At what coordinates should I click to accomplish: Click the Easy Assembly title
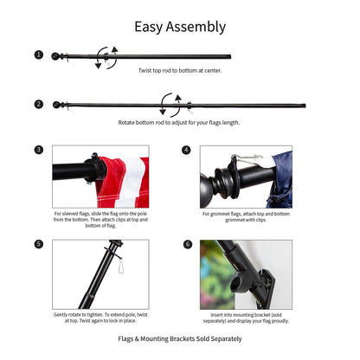(180, 27)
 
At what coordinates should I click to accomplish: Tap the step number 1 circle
(39, 55)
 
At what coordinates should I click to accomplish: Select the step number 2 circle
(39, 104)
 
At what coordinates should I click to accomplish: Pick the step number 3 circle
(39, 150)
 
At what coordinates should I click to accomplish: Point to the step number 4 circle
(186, 150)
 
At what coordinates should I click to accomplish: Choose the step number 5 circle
(39, 244)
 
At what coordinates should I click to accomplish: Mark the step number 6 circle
(186, 244)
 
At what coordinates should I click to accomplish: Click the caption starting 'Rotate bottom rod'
(180, 123)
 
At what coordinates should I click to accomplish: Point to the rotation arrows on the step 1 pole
(106, 57)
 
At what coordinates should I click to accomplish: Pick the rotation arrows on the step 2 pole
(170, 106)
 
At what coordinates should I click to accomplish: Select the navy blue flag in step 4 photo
(280, 177)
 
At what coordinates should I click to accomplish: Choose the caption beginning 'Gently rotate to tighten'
(100, 317)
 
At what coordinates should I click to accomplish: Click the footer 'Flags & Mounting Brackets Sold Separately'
(180, 339)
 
